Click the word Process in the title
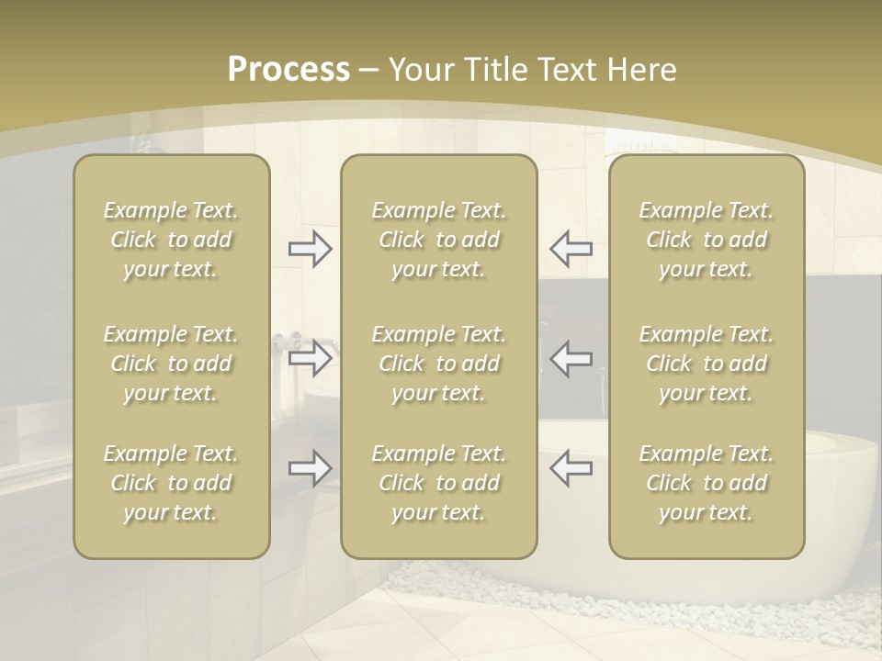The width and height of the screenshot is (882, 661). point(288,70)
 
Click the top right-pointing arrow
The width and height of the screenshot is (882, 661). point(311,249)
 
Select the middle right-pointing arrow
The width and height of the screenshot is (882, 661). point(311,357)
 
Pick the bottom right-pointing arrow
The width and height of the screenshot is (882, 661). point(311,468)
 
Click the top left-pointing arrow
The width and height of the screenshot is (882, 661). point(571,249)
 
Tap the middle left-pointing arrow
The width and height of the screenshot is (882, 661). point(571,357)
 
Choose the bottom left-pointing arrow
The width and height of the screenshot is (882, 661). point(571,468)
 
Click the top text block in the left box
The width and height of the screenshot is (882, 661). point(171,240)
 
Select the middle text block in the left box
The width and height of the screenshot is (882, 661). point(171,364)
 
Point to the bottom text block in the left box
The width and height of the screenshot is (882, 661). point(171,483)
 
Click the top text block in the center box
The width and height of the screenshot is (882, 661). point(438,240)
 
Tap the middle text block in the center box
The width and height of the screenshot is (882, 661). point(438,364)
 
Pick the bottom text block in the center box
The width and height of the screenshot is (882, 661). point(438,483)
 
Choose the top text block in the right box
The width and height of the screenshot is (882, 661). point(706,240)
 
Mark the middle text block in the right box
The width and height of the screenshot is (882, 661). point(706,364)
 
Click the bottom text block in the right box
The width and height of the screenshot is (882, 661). point(706,483)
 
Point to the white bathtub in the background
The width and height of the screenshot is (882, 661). point(841,496)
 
